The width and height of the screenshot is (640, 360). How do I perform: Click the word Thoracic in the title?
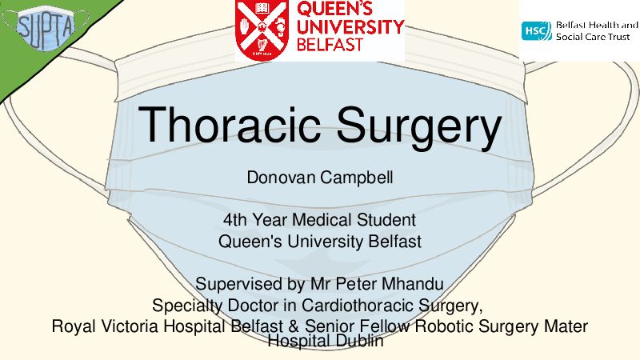[229, 124]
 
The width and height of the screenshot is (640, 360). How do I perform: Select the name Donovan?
[282, 178]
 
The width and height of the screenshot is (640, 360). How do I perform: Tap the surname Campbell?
[357, 178]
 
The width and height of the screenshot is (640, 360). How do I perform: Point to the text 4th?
[235, 220]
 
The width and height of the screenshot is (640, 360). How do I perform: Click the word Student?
[386, 220]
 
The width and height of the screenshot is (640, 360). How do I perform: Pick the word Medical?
[322, 220]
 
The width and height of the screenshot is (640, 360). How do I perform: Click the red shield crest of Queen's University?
[262, 30]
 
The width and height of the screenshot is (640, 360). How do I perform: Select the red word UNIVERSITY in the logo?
[350, 27]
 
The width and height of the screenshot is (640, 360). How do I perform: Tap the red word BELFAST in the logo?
[330, 45]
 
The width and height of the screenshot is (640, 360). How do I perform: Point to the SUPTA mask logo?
[46, 27]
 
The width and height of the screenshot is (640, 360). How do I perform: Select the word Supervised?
[238, 284]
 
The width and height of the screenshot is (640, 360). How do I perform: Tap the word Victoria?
[130, 326]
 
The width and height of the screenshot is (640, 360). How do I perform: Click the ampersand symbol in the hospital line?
[294, 326]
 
